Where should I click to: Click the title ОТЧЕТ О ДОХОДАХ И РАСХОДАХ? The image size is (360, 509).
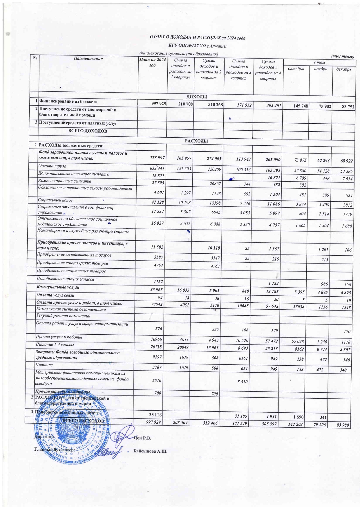197,37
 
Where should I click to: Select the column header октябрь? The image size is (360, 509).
296,69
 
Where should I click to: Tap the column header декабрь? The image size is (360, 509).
343,69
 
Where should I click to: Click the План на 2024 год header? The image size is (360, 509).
152,62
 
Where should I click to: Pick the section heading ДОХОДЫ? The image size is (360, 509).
196,97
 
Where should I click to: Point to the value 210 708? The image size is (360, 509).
182,104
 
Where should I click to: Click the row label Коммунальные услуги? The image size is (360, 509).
58,287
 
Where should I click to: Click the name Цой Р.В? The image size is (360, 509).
142,438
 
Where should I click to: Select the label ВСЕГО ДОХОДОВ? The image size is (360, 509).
88,131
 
